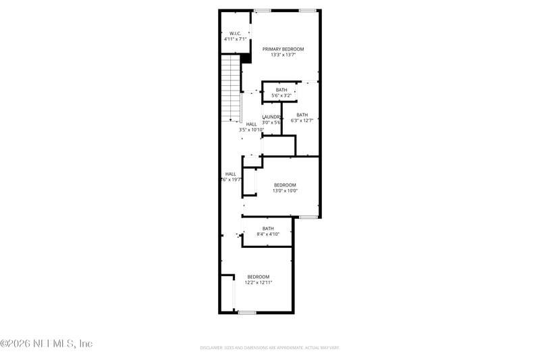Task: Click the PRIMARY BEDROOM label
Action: coord(283,49)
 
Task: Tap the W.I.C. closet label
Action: coord(236,33)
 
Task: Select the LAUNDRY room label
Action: coord(271,117)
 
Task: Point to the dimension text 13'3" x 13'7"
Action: coord(283,55)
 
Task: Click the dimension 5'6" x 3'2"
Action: coord(281,96)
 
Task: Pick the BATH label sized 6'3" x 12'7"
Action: coord(302,115)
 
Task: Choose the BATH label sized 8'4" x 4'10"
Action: coord(268,228)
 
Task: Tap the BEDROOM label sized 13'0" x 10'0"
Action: coord(284,185)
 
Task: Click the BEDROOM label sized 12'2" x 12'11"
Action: coord(258,277)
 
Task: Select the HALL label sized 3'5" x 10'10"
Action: coord(251,124)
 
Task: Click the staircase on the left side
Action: coord(232,88)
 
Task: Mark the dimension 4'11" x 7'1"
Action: coord(236,40)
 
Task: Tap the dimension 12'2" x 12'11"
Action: coord(258,283)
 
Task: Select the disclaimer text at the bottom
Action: coord(269,347)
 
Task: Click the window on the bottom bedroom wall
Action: coord(247,312)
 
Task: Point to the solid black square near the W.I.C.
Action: coord(246,59)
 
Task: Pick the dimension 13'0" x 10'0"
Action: coord(284,191)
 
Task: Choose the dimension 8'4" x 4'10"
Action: coord(268,234)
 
